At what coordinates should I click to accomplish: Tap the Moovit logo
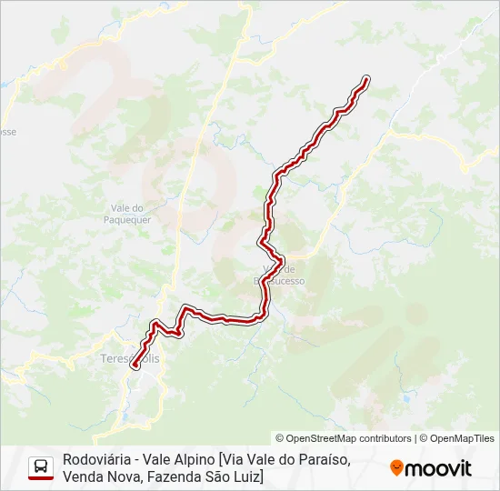(x=431, y=468)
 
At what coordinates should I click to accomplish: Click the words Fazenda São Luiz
(x=205, y=476)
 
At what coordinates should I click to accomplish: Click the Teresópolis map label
(x=128, y=359)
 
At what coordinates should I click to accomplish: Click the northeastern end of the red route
(x=366, y=80)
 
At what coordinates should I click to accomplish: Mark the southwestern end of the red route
(x=135, y=366)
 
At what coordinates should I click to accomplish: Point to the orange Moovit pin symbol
(x=396, y=467)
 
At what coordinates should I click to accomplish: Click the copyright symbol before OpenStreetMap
(x=280, y=438)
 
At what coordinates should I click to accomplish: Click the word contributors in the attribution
(x=385, y=438)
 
